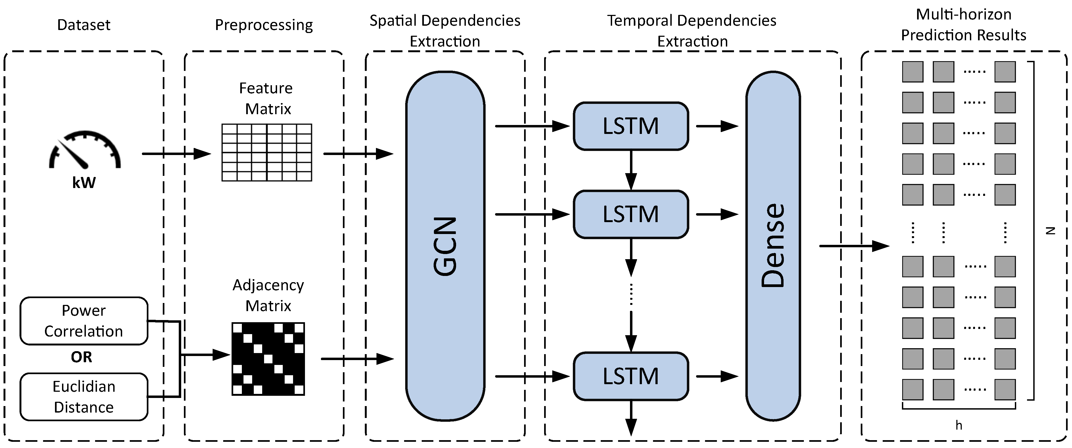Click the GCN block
pyautogui.click(x=445, y=246)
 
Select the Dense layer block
pyautogui.click(x=773, y=246)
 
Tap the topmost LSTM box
pyautogui.click(x=631, y=126)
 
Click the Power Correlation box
pyautogui.click(x=84, y=321)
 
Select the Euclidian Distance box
pyautogui.click(x=84, y=397)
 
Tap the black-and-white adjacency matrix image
pyautogui.click(x=268, y=359)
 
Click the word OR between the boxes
pyautogui.click(x=81, y=357)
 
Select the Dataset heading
pyautogui.click(x=84, y=25)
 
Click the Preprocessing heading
pyautogui.click(x=264, y=25)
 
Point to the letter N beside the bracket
pyautogui.click(x=1050, y=231)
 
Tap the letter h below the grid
pyautogui.click(x=959, y=425)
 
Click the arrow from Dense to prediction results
pyautogui.click(x=853, y=246)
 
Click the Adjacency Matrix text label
pyautogui.click(x=268, y=295)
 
